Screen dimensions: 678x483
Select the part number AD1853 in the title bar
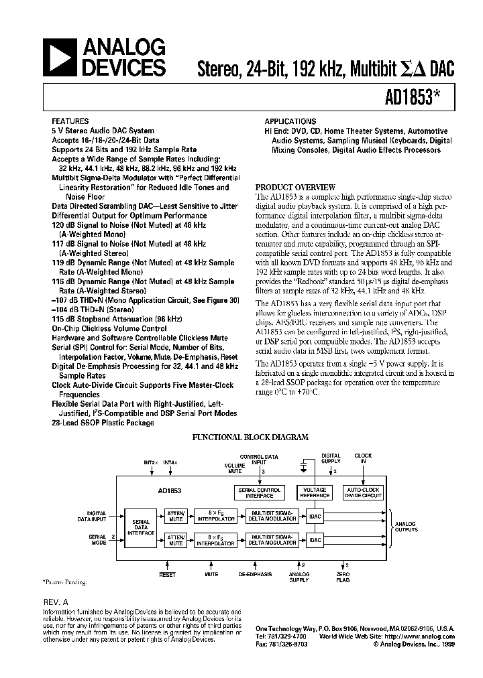pyautogui.click(x=417, y=97)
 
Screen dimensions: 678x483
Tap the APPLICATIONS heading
pyautogui.click(x=290, y=122)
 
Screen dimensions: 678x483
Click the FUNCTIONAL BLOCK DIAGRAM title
pyautogui.click(x=250, y=437)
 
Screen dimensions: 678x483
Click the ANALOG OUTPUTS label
pyautogui.click(x=405, y=527)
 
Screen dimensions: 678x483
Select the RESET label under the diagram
pyautogui.click(x=167, y=574)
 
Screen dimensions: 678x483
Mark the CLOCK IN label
pyautogui.click(x=364, y=459)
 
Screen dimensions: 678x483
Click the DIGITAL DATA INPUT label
pyautogui.click(x=96, y=517)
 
